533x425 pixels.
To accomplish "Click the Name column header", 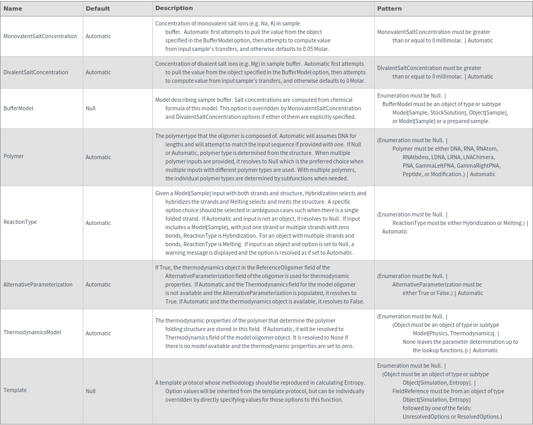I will [13, 8].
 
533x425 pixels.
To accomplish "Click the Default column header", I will [98, 8].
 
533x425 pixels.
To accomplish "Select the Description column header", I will [174, 8].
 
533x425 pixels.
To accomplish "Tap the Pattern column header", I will [389, 8].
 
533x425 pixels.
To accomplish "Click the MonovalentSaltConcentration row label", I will [40, 36].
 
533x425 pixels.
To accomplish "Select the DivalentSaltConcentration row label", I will [36, 72].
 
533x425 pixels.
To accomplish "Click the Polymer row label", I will [13, 157].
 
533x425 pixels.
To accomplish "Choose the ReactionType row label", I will [20, 222].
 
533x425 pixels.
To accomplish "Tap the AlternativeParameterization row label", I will [38, 284].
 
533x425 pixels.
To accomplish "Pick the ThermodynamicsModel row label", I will [32, 332].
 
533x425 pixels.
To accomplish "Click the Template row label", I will [15, 390].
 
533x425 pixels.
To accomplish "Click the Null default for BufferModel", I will [91, 108].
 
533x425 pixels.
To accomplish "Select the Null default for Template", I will [91, 391].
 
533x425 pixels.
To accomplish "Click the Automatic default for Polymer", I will [98, 157].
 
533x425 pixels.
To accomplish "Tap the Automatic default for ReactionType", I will [98, 223].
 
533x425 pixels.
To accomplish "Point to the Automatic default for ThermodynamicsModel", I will [98, 333].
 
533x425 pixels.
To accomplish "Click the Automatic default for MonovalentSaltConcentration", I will [98, 36].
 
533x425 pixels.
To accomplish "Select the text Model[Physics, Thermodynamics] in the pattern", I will [454, 333].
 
